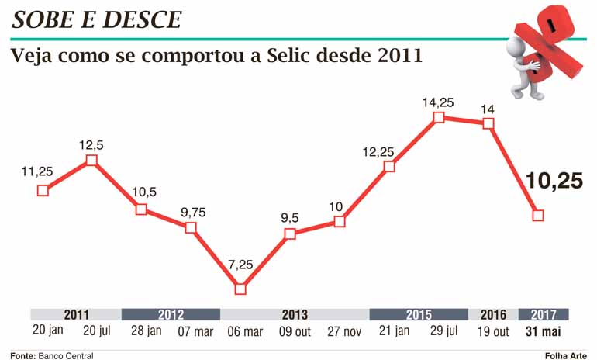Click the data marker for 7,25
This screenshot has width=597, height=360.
(240, 289)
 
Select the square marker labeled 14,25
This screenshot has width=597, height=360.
(438, 117)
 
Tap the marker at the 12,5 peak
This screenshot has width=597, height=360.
(91, 160)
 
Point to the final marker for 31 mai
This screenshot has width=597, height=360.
(538, 215)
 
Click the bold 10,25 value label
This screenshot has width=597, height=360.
(554, 182)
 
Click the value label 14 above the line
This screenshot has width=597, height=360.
(488, 109)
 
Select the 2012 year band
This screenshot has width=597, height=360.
(171, 315)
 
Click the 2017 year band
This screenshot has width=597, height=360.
(544, 315)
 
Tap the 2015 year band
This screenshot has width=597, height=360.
(419, 315)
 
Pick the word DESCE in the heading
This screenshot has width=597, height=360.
(139, 19)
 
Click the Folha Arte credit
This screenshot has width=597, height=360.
(567, 355)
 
